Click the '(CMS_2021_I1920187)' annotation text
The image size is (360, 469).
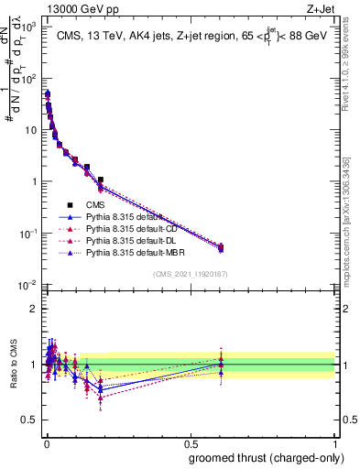click(191, 274)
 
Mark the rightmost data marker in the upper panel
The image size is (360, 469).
click(220, 246)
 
